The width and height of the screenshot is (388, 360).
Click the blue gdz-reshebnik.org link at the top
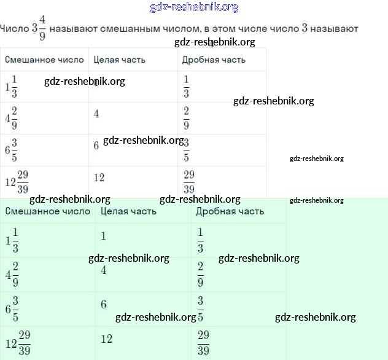click(194, 7)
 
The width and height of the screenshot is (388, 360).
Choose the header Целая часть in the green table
click(128, 211)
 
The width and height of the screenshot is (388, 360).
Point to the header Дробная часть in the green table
click(230, 211)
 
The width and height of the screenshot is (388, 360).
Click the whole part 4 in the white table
click(96, 114)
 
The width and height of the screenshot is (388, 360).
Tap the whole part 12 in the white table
click(99, 178)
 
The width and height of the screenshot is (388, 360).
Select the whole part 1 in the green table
click(104, 236)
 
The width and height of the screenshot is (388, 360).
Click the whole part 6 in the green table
click(104, 304)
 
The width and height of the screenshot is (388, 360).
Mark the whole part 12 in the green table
click(106, 338)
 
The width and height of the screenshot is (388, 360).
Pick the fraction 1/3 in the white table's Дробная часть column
click(187, 87)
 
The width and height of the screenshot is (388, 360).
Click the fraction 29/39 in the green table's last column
click(204, 343)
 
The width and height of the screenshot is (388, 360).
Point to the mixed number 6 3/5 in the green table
click(12, 308)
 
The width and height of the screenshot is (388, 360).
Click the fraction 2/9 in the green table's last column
click(201, 274)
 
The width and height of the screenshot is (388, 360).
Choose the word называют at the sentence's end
click(337, 29)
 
